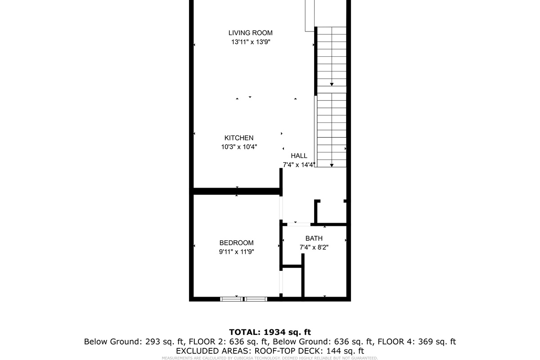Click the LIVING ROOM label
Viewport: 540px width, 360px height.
tap(250, 33)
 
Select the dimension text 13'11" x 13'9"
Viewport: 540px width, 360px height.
tap(250, 42)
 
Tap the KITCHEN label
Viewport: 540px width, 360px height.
tap(239, 138)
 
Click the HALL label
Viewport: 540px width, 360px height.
tap(299, 156)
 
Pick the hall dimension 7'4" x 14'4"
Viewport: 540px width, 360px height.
tap(299, 165)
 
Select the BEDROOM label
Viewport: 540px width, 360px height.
tap(237, 243)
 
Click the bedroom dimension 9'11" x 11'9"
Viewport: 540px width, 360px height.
tap(237, 252)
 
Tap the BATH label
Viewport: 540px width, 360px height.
tap(314, 238)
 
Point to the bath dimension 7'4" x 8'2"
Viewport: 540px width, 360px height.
tap(314, 247)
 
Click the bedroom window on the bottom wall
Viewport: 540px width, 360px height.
tap(243, 299)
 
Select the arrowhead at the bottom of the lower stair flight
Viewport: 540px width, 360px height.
tap(332, 165)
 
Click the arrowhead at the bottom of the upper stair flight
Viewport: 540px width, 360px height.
tap(332, 84)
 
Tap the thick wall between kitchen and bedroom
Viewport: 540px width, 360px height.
tap(237, 191)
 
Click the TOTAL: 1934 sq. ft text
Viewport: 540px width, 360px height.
tap(270, 332)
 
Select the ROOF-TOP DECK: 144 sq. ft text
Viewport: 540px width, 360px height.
tap(310, 351)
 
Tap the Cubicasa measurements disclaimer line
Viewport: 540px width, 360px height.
tap(270, 358)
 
